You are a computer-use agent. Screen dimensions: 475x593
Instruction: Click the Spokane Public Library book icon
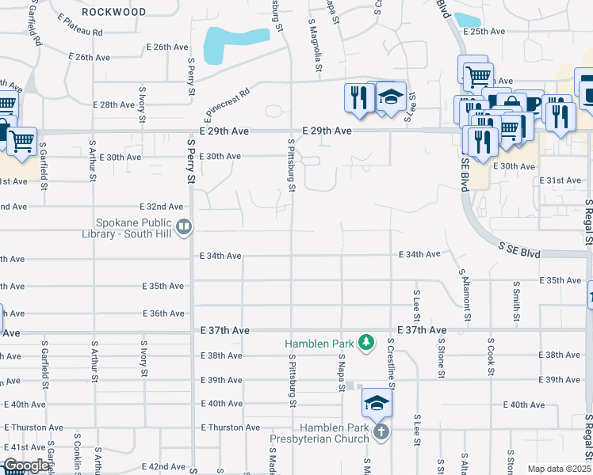coord(184,228)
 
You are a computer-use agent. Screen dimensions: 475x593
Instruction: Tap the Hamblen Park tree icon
coord(365,342)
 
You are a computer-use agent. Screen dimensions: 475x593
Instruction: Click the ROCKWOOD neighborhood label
coord(114,12)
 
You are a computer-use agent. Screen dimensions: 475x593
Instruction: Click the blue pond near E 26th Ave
coord(234,44)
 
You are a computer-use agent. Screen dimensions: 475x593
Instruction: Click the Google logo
coord(25,466)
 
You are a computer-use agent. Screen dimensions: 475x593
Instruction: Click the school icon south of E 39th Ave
coord(377,404)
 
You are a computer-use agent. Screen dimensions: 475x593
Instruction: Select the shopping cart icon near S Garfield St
coord(21,141)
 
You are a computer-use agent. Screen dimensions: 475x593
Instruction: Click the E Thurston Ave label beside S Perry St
coord(231,427)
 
